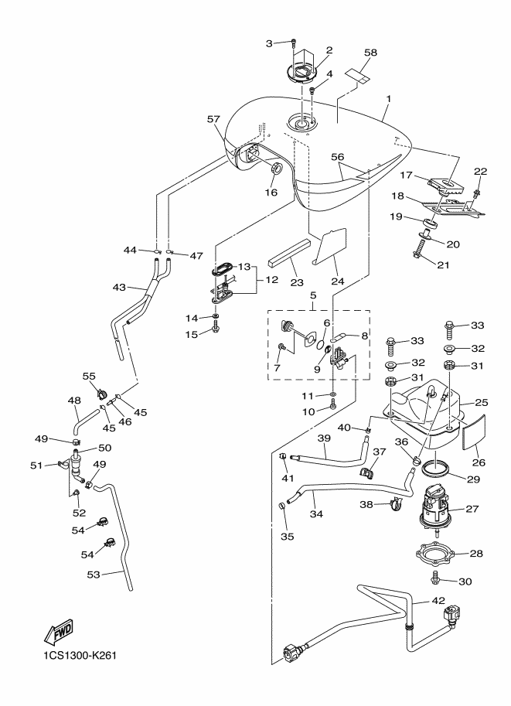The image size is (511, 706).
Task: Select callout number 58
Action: (371, 53)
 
